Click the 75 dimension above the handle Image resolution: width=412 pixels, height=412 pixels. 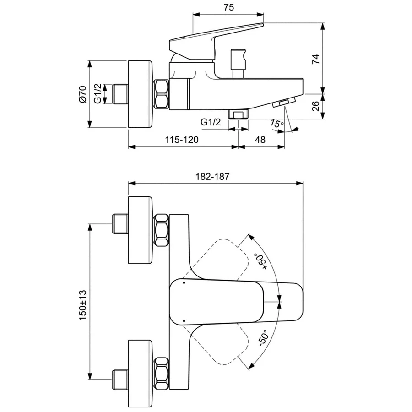point(229,7)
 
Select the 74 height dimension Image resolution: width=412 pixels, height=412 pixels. point(315,58)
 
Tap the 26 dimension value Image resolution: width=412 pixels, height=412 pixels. point(315,106)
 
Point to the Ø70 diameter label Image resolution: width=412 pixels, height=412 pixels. point(82,94)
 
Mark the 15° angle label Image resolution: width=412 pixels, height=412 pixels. point(276,124)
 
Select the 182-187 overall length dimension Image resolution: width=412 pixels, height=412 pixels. point(212,176)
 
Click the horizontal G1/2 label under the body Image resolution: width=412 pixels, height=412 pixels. point(211,122)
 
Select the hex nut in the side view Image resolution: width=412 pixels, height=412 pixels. point(162,94)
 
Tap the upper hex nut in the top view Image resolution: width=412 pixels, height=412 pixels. point(162,230)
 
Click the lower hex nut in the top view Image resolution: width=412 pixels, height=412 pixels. point(162,373)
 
